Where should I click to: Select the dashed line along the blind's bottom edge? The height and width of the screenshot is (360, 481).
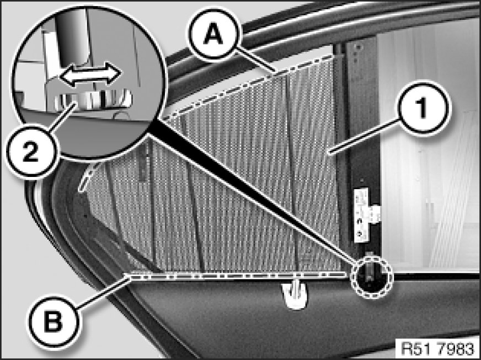click(x=237, y=275)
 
